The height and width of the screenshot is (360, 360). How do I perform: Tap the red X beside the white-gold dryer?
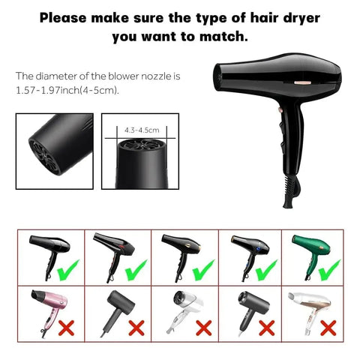coord(328,327)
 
